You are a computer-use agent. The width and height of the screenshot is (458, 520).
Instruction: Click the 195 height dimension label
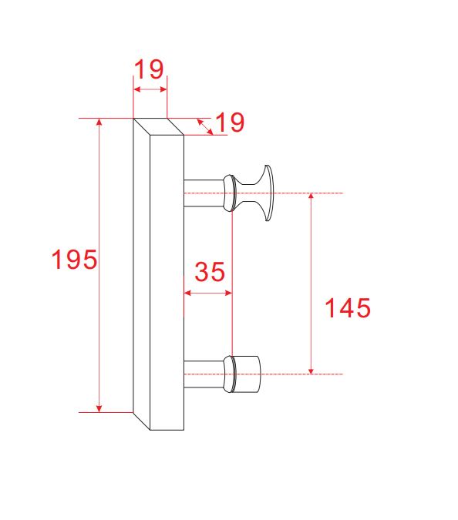click(74, 259)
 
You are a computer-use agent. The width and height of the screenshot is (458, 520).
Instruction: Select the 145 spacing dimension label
click(348, 308)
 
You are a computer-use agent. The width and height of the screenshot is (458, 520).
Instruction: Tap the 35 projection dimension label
click(210, 272)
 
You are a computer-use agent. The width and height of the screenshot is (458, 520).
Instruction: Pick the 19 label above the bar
click(149, 69)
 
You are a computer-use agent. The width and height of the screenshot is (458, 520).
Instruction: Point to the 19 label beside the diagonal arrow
click(230, 122)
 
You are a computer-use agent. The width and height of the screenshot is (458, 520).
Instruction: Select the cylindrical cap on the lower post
click(248, 374)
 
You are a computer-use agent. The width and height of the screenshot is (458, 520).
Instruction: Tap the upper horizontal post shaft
click(204, 193)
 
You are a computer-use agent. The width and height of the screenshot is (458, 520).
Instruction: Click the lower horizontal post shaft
click(204, 374)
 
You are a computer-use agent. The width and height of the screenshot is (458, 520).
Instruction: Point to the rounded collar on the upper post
click(229, 193)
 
